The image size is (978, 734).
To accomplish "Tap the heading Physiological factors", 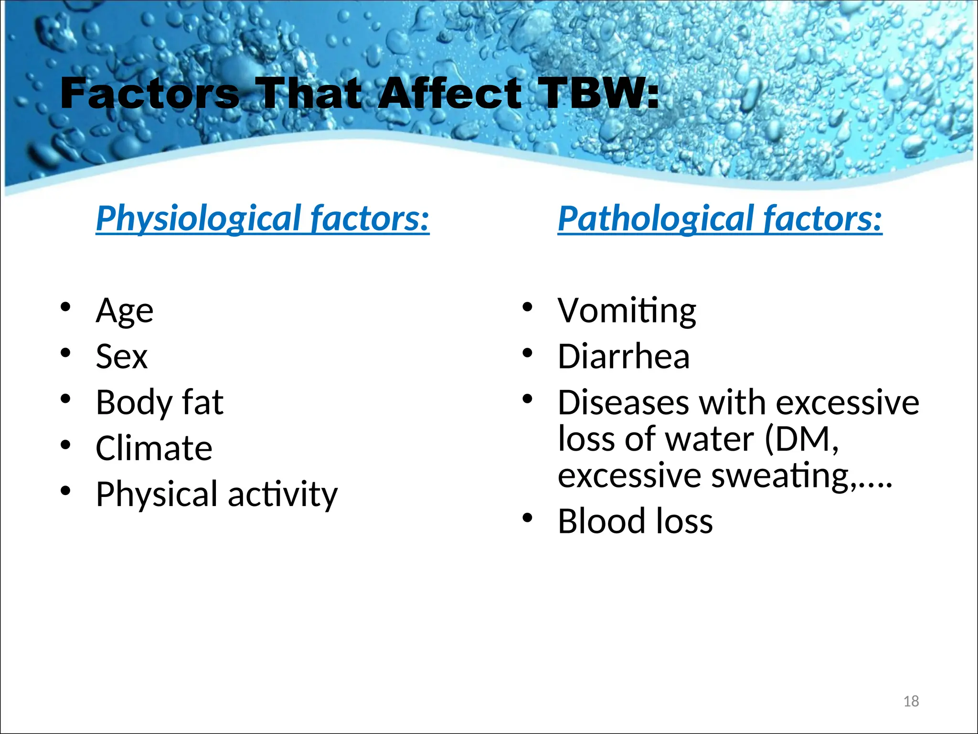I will point(263,218).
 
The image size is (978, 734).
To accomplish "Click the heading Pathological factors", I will point(720,218).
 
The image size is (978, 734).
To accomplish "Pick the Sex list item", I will point(122,356).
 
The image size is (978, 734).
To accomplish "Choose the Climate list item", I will point(154,448).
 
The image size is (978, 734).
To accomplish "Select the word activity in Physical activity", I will point(283,495).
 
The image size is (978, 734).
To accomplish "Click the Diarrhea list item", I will point(624,356).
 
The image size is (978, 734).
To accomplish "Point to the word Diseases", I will point(623,403).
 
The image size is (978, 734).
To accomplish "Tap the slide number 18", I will point(911,701).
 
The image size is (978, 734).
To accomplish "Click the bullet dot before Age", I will point(65,306).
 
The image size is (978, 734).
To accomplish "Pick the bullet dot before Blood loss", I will point(527,517).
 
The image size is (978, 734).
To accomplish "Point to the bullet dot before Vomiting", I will point(527,306).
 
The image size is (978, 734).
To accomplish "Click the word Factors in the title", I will point(149,93).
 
